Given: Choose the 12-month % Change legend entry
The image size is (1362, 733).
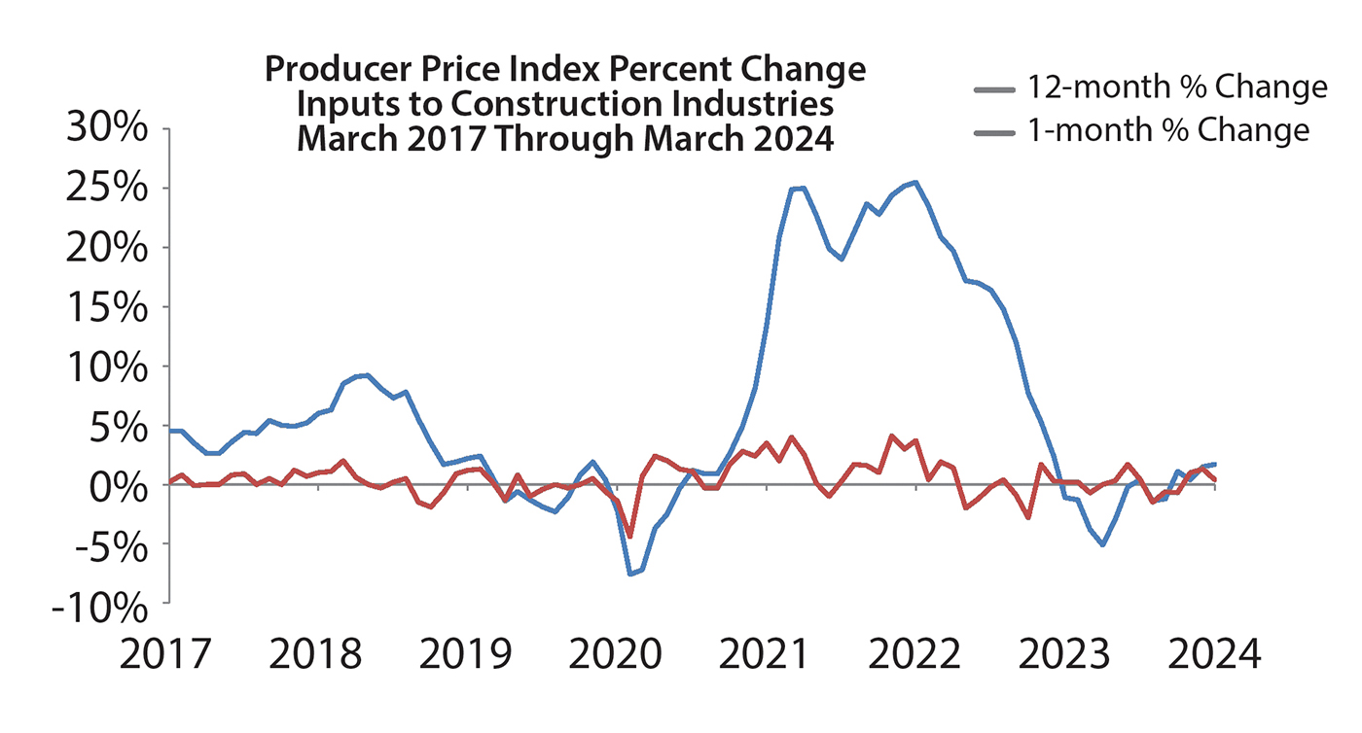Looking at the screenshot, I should pos(1150,87).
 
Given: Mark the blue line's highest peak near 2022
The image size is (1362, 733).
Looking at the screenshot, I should pos(914,182).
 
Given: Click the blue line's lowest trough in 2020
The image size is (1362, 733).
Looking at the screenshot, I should pos(630,574).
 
